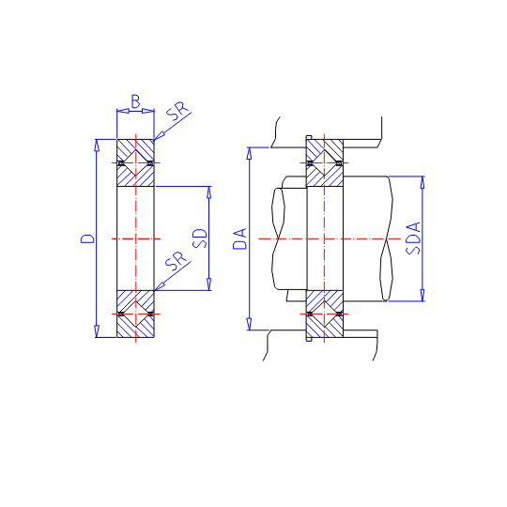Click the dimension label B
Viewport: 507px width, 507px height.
(x=135, y=101)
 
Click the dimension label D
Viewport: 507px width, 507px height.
(x=87, y=238)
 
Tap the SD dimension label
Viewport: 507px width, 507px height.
(x=199, y=238)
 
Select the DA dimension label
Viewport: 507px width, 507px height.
(x=239, y=238)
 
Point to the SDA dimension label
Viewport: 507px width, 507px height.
(x=413, y=238)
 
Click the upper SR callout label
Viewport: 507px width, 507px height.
(x=177, y=111)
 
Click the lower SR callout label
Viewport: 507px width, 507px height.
(x=177, y=261)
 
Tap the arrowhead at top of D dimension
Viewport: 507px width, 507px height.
(x=97, y=145)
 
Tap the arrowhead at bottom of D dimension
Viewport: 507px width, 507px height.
(x=97, y=331)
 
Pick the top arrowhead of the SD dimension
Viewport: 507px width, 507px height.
(x=208, y=192)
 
